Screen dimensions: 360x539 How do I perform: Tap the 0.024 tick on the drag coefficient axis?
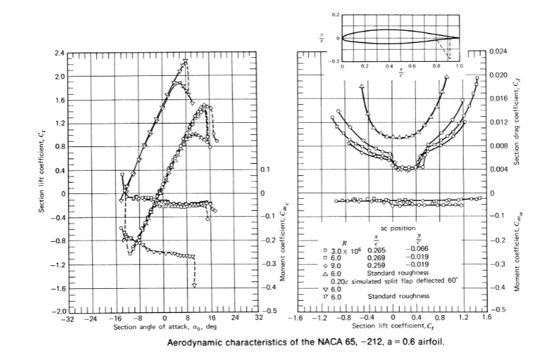pos(497,52)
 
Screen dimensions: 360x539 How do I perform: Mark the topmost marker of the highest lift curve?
pos(185,62)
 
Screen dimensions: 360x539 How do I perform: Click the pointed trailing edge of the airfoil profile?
pos(460,38)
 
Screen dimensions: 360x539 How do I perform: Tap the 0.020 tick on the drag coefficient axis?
pos(497,75)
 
